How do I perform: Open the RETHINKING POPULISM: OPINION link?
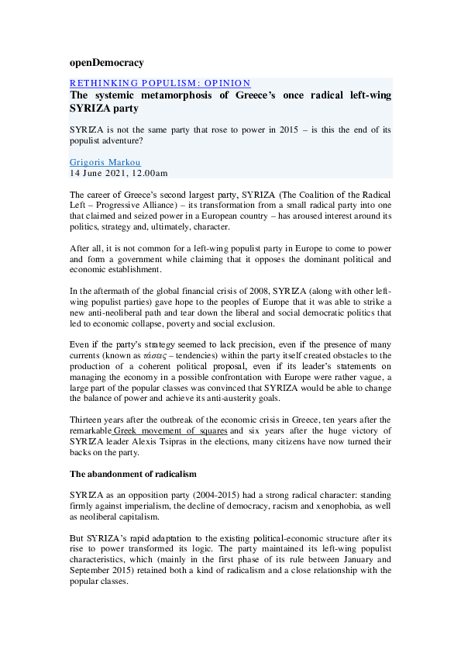pos(160,84)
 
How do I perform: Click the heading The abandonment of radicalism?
pos(133,473)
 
